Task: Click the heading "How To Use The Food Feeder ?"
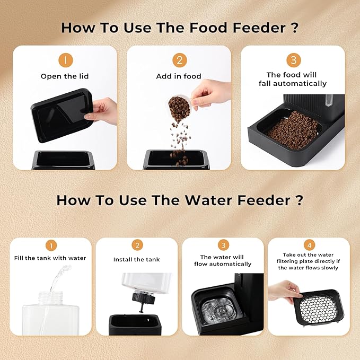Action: point(179,27)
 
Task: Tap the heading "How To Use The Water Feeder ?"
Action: point(179,200)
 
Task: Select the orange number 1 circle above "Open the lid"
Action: point(65,60)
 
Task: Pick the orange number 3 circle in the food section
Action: point(293,60)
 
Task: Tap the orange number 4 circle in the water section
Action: point(309,245)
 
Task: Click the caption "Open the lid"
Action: point(65,76)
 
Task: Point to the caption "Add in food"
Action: point(179,76)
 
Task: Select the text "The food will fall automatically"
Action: point(293,79)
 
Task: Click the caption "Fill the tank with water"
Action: point(50,258)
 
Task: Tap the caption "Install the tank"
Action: point(137,259)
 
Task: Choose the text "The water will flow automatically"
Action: point(223,260)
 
